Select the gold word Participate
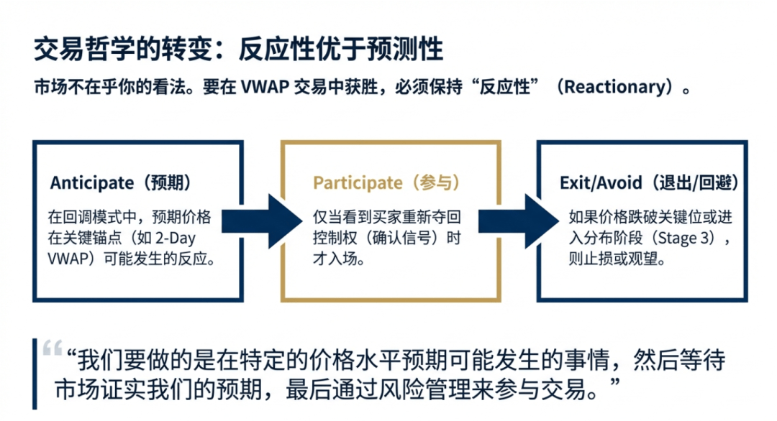[357, 182]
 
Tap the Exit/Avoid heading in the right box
[600, 182]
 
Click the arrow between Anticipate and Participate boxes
[263, 218]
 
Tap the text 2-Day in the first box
[189, 238]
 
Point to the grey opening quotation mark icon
[52, 350]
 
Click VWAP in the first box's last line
[66, 258]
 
